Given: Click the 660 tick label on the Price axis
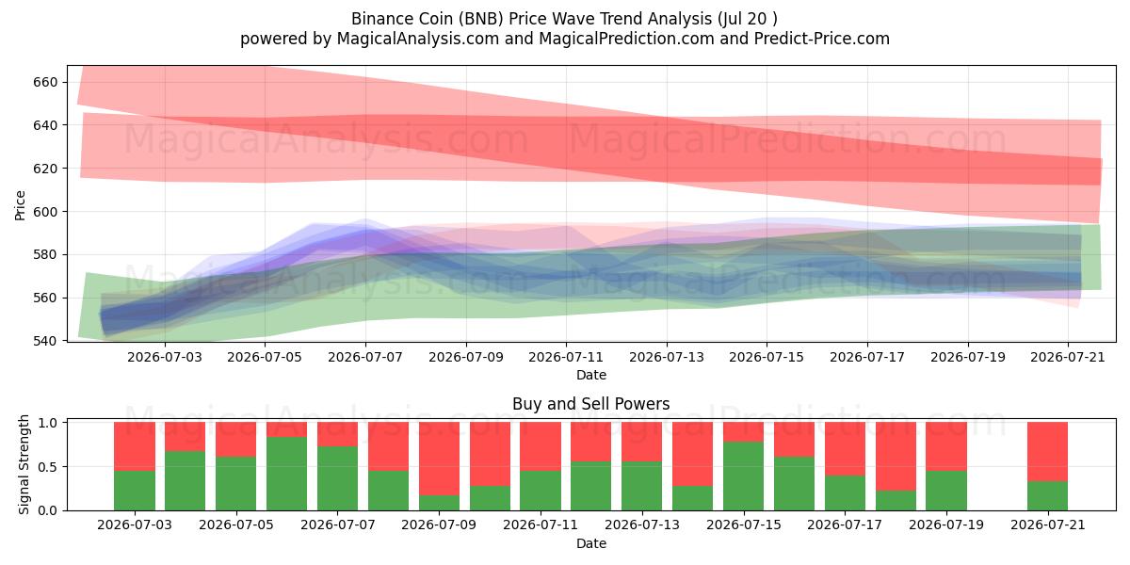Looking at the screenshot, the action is coord(45,82).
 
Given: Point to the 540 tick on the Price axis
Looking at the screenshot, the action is coord(45,341).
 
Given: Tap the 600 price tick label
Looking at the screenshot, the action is coord(45,211).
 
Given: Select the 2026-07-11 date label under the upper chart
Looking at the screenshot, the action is coord(566,357).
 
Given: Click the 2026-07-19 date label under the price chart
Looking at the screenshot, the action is coord(968,357).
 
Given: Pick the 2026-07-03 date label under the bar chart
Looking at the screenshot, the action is coord(135,525).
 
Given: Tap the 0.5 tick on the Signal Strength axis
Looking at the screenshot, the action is coord(48,467).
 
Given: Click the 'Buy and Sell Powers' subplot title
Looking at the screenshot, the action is coord(591,404).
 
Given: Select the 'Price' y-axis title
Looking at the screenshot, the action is coord(20,205).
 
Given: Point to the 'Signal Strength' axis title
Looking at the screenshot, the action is coord(24,464).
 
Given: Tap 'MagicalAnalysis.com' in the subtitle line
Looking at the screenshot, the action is coord(418,39).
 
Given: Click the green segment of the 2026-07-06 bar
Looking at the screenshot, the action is coord(286,474).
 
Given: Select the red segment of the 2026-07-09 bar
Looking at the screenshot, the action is coord(439,459).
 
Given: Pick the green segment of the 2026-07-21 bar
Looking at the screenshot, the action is coord(1048,496).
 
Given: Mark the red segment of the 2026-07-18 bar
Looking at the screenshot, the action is coord(896,457).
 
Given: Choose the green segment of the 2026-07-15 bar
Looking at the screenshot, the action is coord(744,476).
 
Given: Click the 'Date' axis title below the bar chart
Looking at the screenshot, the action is coord(591,543).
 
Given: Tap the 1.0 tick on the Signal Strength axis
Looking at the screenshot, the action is coord(48,422).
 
